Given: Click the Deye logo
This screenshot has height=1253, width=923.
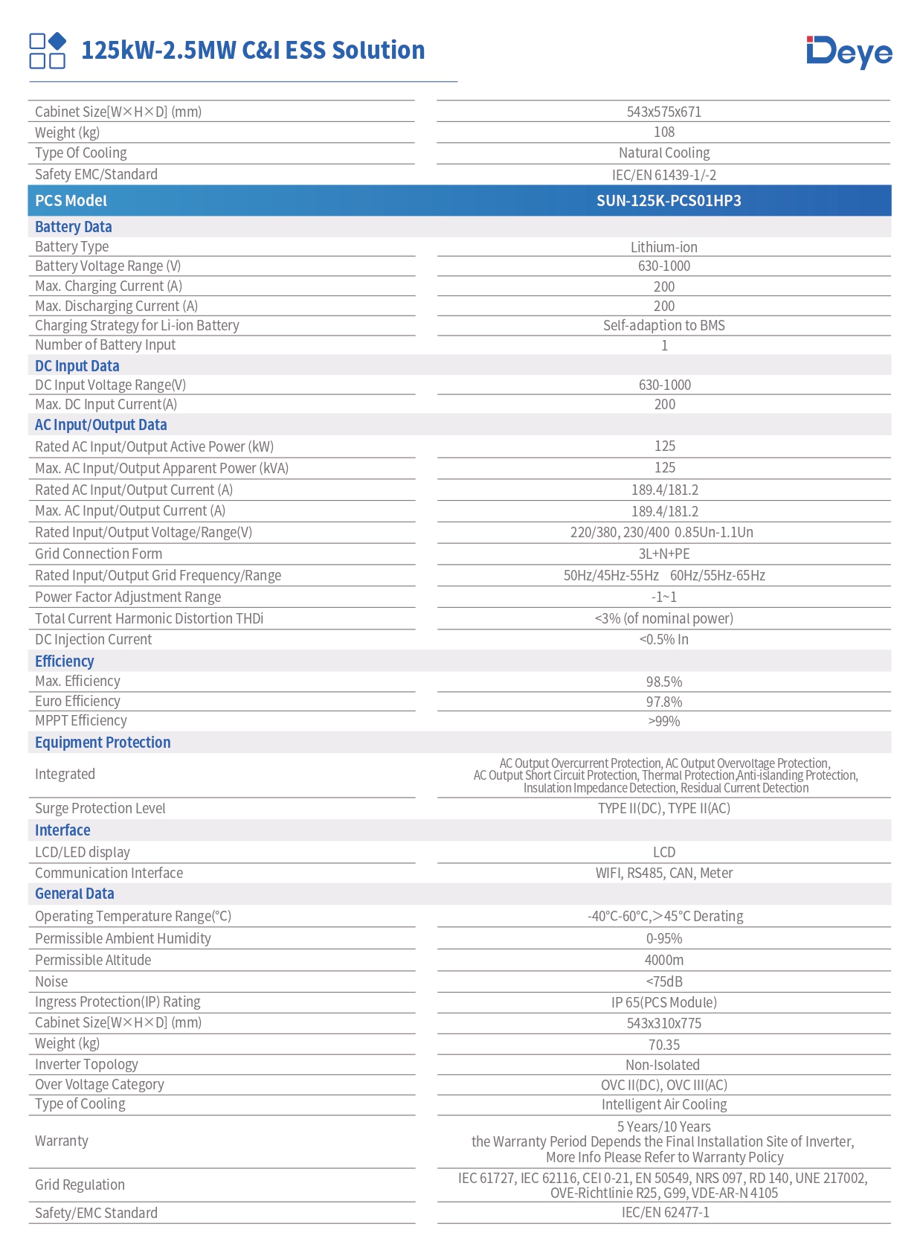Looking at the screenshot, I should point(849,51).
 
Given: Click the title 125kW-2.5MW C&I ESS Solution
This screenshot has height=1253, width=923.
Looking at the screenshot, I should point(253,51).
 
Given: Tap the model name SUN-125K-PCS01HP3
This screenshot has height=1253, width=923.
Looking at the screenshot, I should point(668,201).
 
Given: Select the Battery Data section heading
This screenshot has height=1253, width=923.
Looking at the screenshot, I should point(74,227).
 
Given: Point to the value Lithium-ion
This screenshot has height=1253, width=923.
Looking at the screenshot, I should point(663,247).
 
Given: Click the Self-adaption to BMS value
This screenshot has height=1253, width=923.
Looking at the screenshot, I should point(663,325).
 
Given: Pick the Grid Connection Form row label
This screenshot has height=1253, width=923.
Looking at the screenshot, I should point(98,554).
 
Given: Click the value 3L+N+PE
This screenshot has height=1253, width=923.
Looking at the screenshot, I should point(663,554).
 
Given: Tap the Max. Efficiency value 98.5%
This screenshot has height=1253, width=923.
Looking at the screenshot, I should point(663,682).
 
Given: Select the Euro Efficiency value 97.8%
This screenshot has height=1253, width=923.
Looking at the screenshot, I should point(663,702).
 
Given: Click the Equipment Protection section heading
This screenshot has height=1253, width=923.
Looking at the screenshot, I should point(103,743).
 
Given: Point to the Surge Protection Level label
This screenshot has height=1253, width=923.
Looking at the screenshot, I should point(100,808).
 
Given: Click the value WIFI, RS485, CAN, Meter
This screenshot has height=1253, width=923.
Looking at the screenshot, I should point(663,873).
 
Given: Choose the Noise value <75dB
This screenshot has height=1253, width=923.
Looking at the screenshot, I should point(663,981).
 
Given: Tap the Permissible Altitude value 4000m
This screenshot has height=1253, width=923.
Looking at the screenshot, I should point(663,960).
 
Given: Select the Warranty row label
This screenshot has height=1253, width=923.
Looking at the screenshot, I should point(62,1141).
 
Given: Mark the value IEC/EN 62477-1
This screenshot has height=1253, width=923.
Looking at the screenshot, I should point(665,1212).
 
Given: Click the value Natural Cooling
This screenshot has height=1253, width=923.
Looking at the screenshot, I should point(663,153).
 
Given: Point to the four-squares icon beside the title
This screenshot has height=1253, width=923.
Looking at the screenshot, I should point(48,51).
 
